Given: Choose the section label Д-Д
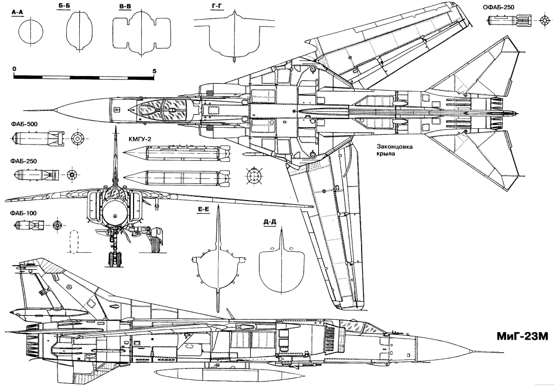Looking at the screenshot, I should click(269, 222).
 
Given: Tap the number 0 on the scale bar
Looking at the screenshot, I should click(14, 70).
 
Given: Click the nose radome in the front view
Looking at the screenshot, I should click(115, 213).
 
